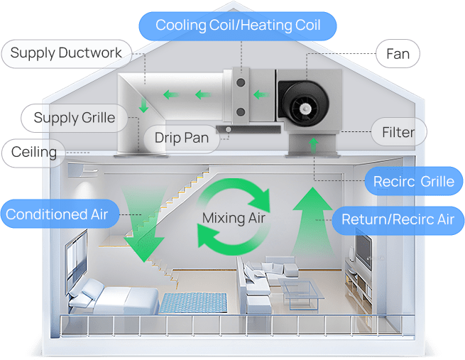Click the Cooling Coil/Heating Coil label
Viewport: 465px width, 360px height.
[238, 26]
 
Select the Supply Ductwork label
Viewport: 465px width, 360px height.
[66, 53]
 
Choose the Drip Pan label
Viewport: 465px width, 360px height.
[182, 137]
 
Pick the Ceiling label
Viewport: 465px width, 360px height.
[34, 152]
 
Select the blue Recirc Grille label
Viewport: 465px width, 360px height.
[413, 182]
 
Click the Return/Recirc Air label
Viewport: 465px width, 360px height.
[398, 219]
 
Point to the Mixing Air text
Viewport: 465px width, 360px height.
[234, 218]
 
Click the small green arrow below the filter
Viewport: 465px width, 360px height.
[312, 146]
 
